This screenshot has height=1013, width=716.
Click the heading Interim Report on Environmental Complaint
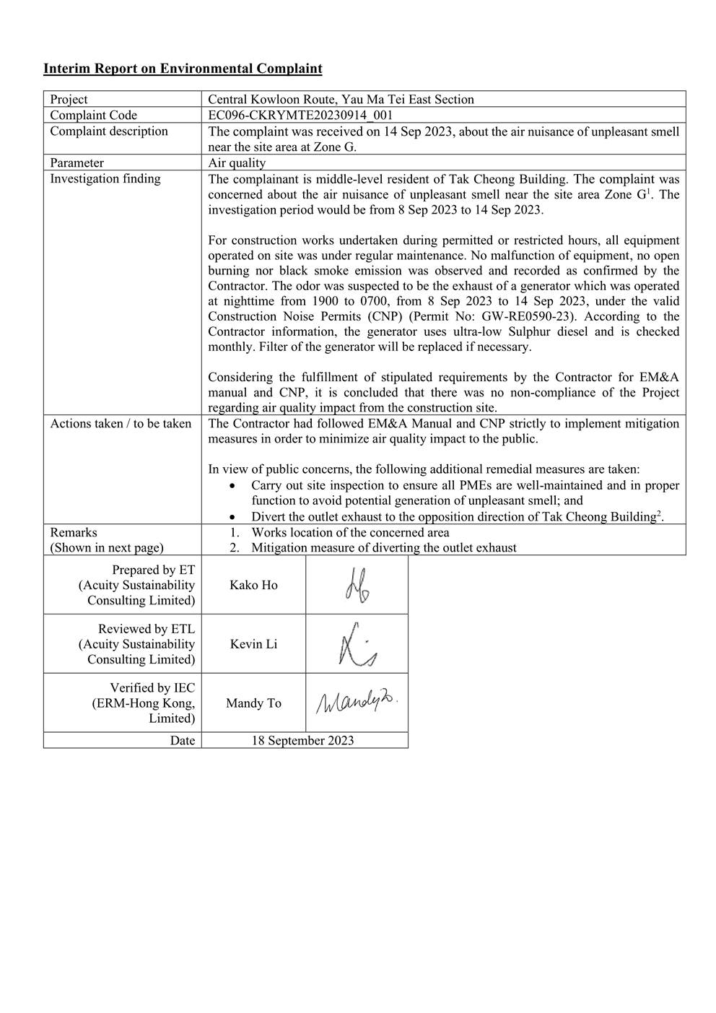click(183, 69)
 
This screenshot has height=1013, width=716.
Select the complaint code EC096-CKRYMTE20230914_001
click(300, 115)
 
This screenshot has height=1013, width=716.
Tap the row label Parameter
click(77, 162)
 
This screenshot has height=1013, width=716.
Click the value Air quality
click(237, 162)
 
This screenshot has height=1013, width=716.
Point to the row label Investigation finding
click(105, 178)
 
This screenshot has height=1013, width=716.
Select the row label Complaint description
click(109, 131)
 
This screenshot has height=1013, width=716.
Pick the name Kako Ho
click(253, 585)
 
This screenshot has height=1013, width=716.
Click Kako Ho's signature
click(357, 586)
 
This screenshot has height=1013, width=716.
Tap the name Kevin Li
click(253, 644)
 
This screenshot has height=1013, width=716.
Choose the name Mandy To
click(253, 703)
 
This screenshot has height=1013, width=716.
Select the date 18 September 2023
click(302, 740)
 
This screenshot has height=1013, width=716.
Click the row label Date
click(183, 740)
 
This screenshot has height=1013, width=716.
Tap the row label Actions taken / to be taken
click(121, 423)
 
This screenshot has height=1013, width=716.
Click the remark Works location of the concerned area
click(350, 532)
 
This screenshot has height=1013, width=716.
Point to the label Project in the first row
click(69, 99)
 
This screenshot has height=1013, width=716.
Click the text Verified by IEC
click(152, 687)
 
